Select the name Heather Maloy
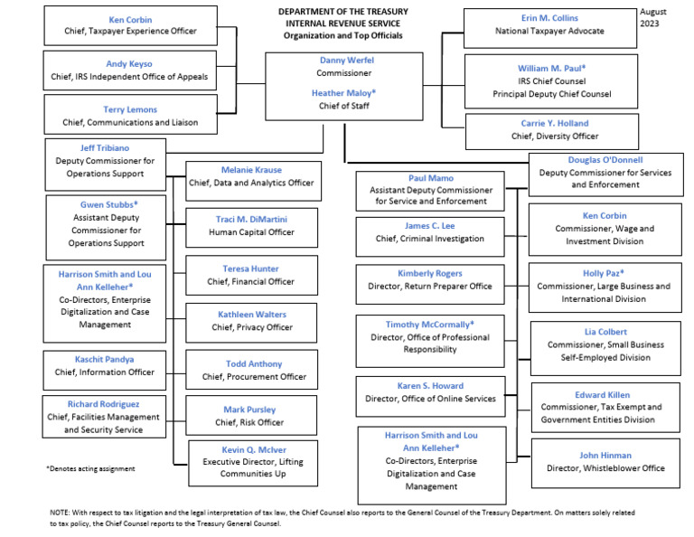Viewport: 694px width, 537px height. click(x=342, y=92)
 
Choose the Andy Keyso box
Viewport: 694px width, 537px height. click(x=130, y=71)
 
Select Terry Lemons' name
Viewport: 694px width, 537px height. click(x=130, y=110)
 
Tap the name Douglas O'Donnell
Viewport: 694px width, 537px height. click(x=605, y=159)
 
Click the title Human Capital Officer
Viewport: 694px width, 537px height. click(x=253, y=231)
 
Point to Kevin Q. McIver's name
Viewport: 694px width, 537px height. click(x=253, y=449)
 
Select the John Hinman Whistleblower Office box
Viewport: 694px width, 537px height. click(x=605, y=462)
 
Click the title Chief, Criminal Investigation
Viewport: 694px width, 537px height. click(x=430, y=239)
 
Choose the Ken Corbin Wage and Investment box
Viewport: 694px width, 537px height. click(x=605, y=230)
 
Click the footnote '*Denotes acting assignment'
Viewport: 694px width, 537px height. click(x=90, y=468)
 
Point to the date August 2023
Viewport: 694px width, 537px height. click(x=657, y=17)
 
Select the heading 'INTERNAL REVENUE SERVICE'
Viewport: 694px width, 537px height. click(x=342, y=24)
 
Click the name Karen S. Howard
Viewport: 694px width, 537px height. click(x=430, y=386)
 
